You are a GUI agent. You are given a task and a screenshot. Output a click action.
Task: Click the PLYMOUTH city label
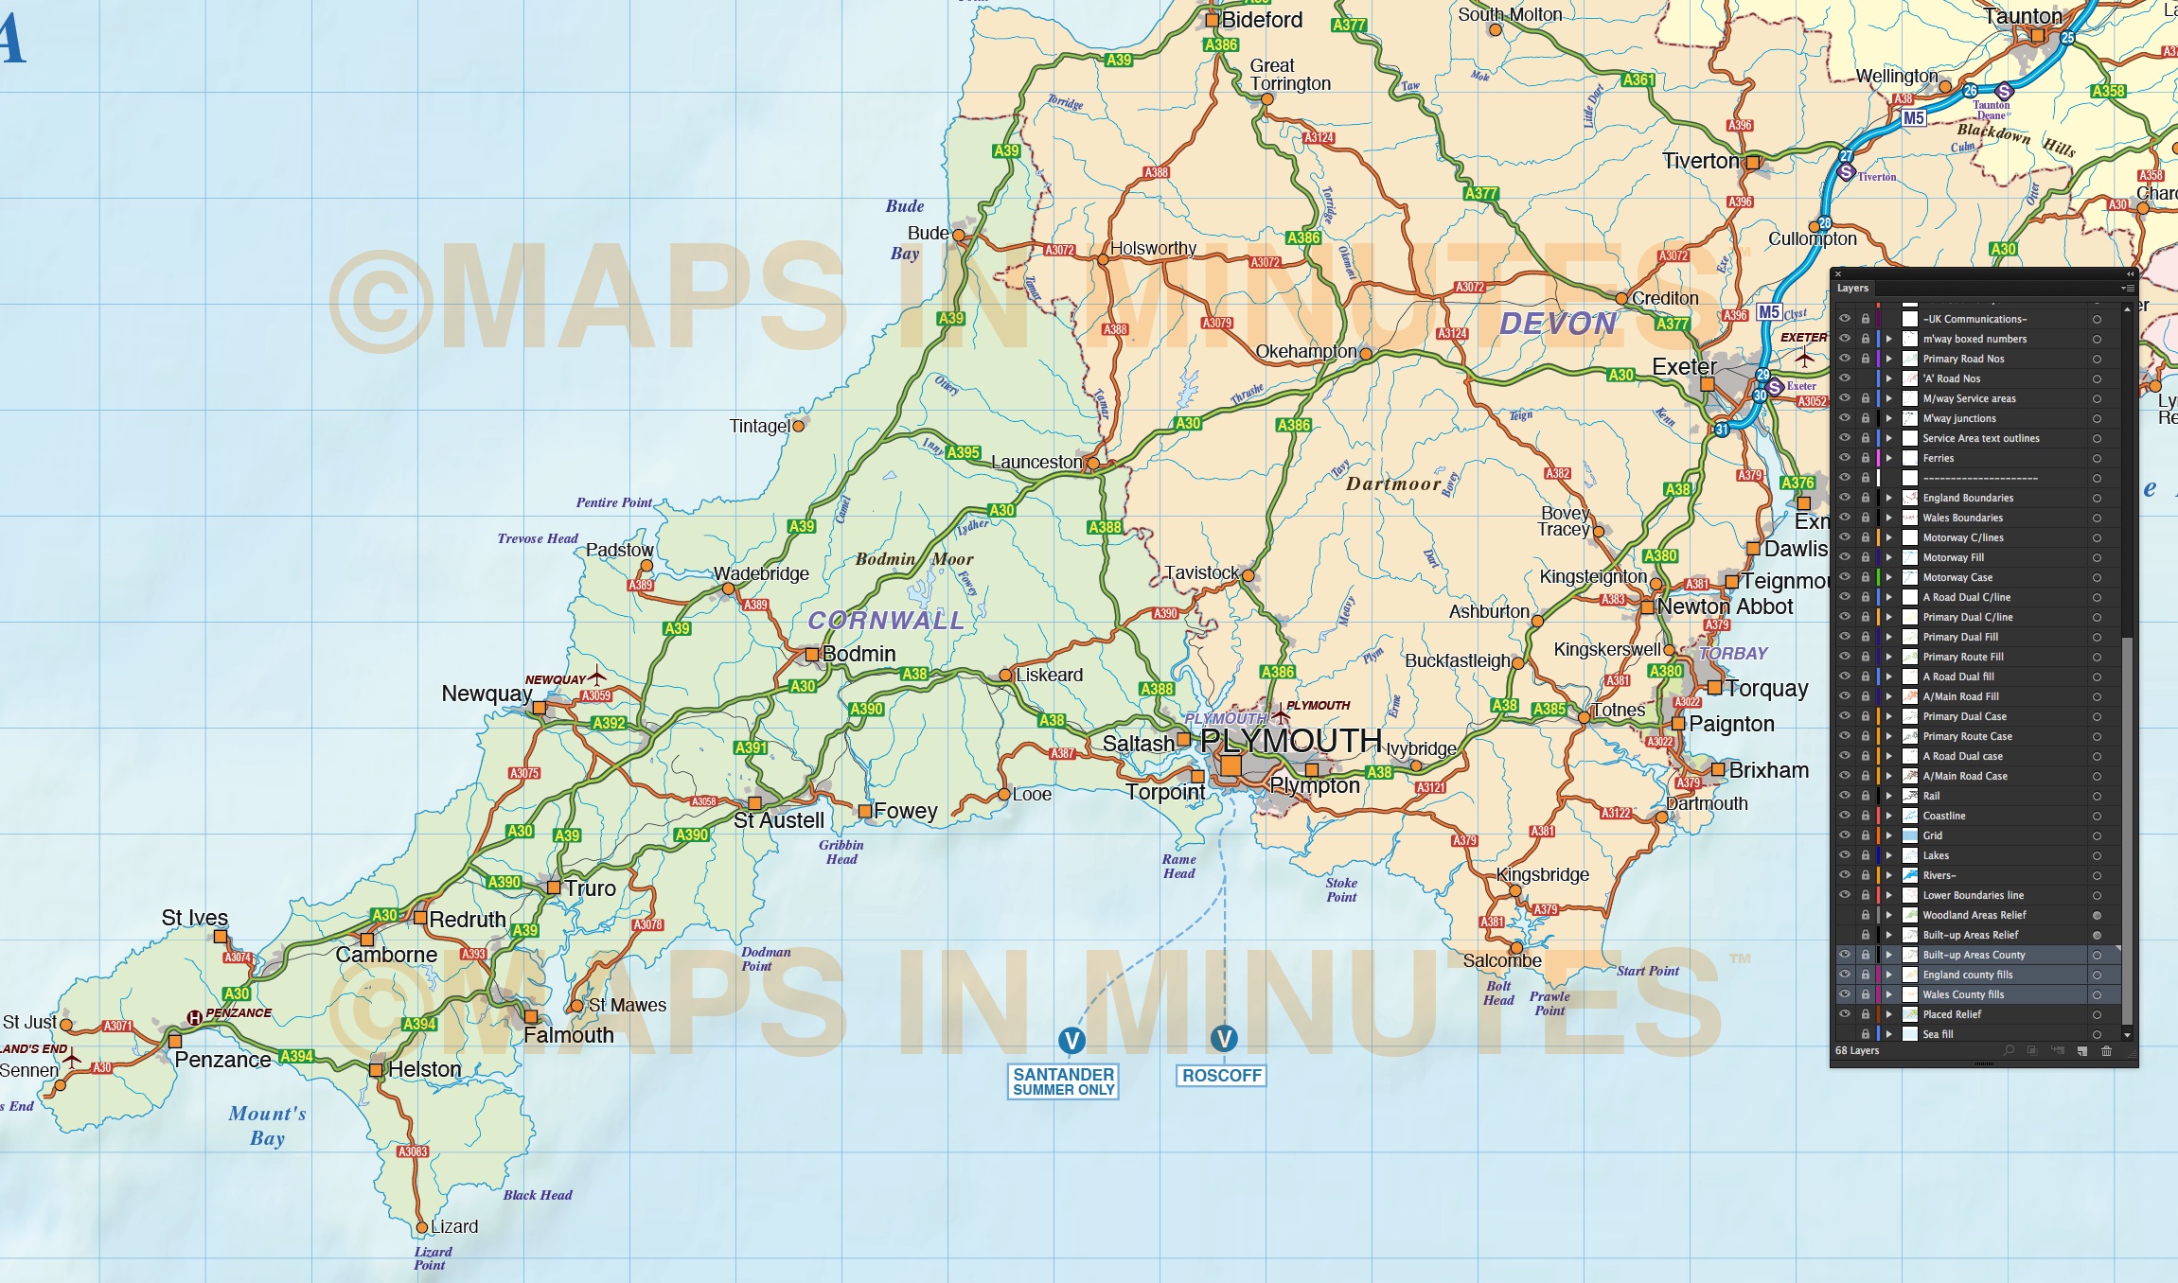(1290, 740)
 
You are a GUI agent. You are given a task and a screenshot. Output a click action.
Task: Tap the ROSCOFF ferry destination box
(1221, 1076)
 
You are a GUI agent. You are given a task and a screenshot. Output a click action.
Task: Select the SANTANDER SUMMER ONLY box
(1063, 1081)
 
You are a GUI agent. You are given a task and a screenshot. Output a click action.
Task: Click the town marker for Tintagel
(798, 427)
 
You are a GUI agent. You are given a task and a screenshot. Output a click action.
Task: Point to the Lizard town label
(454, 1226)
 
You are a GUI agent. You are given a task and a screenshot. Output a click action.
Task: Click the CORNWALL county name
(885, 621)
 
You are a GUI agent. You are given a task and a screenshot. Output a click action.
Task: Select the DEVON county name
(1558, 324)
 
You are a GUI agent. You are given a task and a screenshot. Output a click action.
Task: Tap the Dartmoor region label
(1393, 483)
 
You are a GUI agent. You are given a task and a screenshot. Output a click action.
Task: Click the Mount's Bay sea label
(267, 1126)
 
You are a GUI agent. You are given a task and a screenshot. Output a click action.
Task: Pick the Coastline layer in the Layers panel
(1944, 816)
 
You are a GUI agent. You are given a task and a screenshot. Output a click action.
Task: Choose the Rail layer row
(1931, 796)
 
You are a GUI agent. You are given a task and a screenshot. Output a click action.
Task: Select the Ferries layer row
(1938, 458)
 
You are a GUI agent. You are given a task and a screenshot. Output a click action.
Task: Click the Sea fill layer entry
(1938, 1034)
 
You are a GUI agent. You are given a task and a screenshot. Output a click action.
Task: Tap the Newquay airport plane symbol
(597, 677)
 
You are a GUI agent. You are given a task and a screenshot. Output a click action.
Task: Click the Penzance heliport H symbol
(194, 1017)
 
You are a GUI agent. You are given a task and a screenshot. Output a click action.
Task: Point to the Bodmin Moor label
(913, 559)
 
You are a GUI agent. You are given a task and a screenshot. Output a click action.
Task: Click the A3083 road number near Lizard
(413, 1151)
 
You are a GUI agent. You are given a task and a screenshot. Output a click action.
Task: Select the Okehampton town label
(1305, 351)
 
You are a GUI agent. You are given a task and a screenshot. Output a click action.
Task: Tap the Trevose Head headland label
(537, 538)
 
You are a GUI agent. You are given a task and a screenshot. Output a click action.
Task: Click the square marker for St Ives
(220, 937)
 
